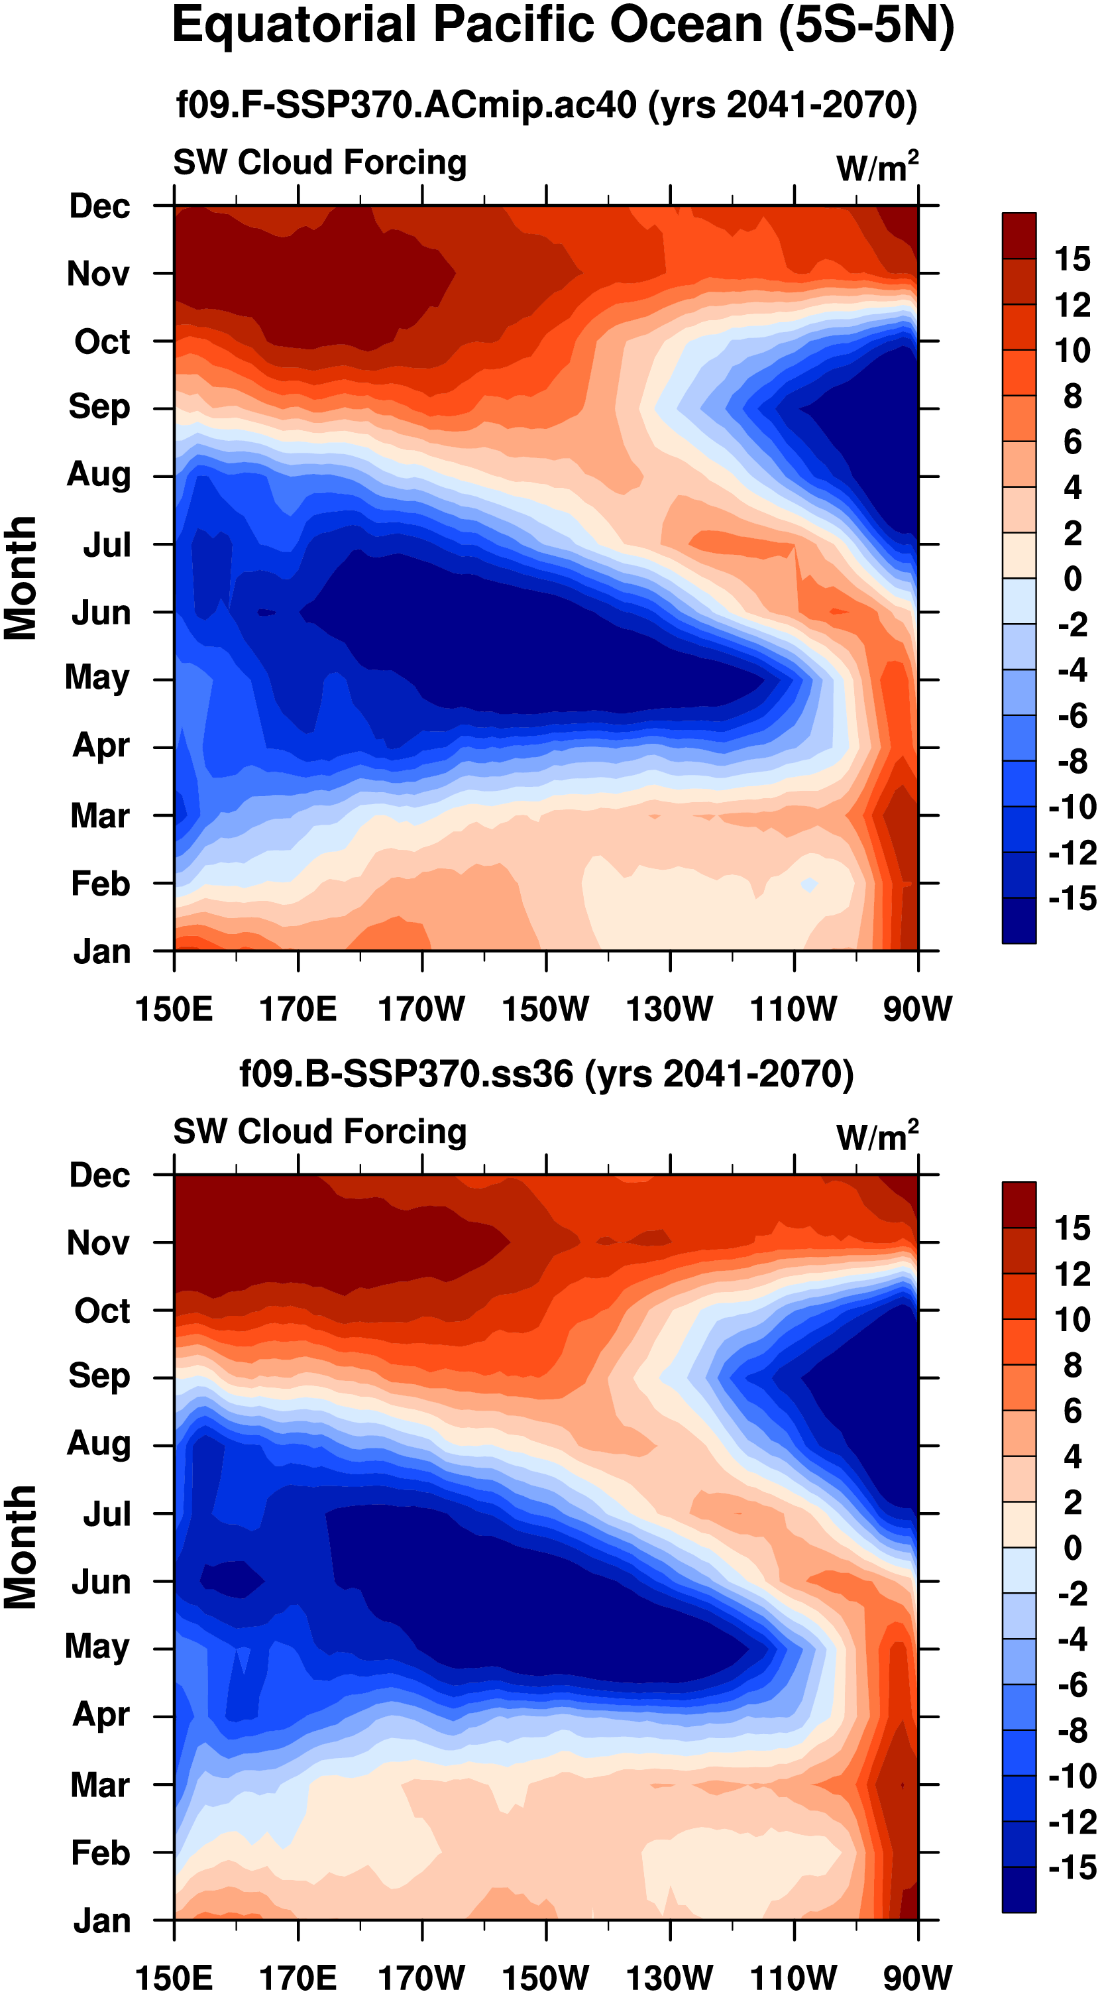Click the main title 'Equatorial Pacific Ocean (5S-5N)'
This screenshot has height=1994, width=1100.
click(x=563, y=26)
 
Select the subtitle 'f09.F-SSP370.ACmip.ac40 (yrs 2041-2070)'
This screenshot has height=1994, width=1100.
click(x=546, y=105)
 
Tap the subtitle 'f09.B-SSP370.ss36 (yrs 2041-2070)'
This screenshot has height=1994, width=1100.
click(x=546, y=1074)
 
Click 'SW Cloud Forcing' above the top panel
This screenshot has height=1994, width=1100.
click(x=319, y=162)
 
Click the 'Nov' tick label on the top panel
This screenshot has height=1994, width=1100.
click(x=98, y=274)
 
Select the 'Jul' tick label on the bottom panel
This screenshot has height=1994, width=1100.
click(x=107, y=1513)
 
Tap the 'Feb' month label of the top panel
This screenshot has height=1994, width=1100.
click(x=101, y=883)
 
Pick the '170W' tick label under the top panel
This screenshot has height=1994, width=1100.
click(x=421, y=1009)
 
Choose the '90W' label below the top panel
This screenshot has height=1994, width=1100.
click(x=918, y=1009)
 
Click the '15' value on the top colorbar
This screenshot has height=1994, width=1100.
click(x=1072, y=259)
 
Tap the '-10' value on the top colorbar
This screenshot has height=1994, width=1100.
click(x=1072, y=807)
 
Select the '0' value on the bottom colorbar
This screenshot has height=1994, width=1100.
click(x=1072, y=1547)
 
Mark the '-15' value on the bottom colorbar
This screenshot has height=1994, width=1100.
click(x=1072, y=1868)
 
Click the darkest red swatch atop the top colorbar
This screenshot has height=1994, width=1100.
click(x=1018, y=235)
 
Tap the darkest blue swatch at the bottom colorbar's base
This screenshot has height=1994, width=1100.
click(x=1018, y=1889)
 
